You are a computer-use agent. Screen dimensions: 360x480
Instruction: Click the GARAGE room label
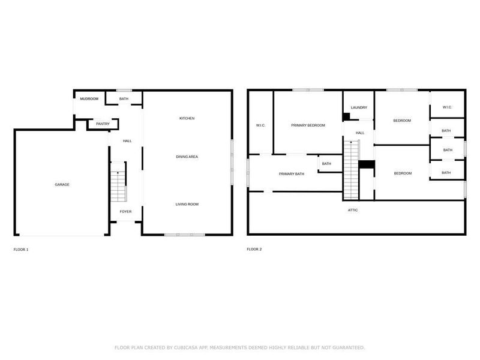pos(62,184)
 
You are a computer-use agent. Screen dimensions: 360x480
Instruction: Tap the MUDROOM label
pos(89,98)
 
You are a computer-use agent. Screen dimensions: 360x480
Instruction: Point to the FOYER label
pos(125,211)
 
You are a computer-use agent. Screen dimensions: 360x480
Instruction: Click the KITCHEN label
pos(187,118)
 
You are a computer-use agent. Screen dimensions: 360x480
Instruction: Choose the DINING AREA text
pos(187,157)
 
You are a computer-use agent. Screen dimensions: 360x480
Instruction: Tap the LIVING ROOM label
pos(187,204)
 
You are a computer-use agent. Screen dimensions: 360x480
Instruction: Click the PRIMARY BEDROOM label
pos(308,125)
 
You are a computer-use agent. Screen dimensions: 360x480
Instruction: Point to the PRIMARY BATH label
pos(292,173)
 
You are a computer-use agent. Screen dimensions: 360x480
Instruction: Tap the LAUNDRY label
pos(359,107)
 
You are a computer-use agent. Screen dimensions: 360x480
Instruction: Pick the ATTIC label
pos(353,210)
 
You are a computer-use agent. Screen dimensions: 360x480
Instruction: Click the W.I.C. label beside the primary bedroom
pos(260,125)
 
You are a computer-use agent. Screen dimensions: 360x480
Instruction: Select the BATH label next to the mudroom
pos(124,98)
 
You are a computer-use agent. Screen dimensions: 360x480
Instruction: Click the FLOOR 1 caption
pos(21,249)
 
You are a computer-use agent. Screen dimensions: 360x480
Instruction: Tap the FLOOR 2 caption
pos(254,249)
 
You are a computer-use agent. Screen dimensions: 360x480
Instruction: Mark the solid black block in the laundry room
pos(347,116)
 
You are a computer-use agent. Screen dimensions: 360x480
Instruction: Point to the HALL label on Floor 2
pos(359,133)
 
